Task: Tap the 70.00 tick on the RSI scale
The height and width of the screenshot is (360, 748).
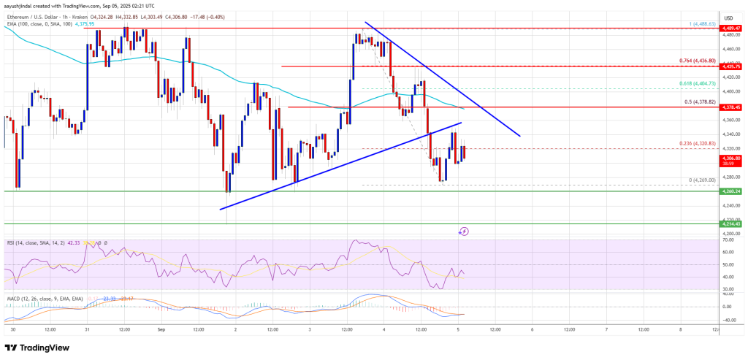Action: pos(728,240)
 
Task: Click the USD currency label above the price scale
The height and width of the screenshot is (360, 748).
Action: pos(728,18)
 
